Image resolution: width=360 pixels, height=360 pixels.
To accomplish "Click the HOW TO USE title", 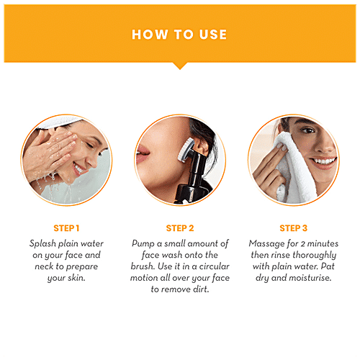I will point(179,35).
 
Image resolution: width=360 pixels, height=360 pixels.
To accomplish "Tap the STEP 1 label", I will point(66,228).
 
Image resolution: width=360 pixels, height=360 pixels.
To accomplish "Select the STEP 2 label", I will point(180,228).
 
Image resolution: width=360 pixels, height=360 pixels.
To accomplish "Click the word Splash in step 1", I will point(43,243).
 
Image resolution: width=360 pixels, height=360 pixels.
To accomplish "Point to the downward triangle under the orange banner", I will point(180,66).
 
